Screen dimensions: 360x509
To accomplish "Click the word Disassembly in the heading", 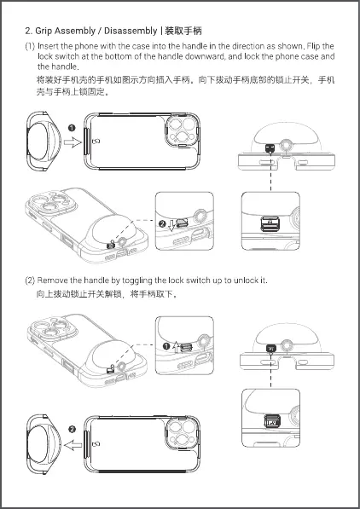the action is (x=131, y=32).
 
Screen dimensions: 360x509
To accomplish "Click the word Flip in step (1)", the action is (x=314, y=46).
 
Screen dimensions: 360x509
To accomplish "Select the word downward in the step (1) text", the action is (x=205, y=56).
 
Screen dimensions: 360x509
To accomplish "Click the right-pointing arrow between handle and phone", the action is (x=73, y=142).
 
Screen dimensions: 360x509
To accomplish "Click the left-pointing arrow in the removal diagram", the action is (x=73, y=445).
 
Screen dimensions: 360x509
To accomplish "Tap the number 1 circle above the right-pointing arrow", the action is (x=72, y=128).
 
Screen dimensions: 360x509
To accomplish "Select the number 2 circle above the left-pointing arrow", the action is (x=73, y=429).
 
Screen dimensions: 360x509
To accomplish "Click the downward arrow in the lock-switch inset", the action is (x=171, y=226).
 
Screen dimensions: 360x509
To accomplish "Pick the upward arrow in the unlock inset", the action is (x=176, y=347).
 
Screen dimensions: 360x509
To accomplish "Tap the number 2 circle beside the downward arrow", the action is (x=162, y=223).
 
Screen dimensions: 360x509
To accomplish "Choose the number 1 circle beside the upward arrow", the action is (x=166, y=346).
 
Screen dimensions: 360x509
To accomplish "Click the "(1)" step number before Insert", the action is (x=30, y=46).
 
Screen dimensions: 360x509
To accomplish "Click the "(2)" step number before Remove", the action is (x=30, y=281).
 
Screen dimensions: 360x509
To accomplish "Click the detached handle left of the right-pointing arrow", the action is (x=44, y=142).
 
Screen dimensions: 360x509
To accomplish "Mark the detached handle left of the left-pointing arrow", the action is (x=44, y=444).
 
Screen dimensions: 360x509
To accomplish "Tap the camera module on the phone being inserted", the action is (x=183, y=130).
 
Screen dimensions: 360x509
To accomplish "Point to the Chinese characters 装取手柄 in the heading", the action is (x=183, y=32).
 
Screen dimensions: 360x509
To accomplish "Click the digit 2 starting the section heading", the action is (x=27, y=32).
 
